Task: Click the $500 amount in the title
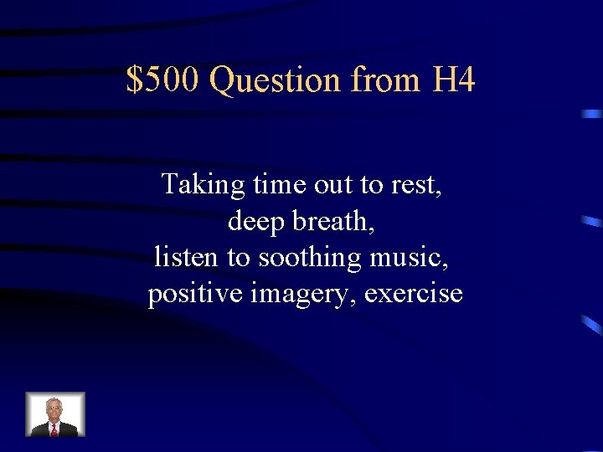point(164,81)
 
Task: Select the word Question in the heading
point(276,81)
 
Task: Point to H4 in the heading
point(455,81)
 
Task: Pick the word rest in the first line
point(416,184)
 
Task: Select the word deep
point(253,221)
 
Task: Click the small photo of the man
point(55,414)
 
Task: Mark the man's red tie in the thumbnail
point(54,429)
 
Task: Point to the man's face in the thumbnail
point(54,409)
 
